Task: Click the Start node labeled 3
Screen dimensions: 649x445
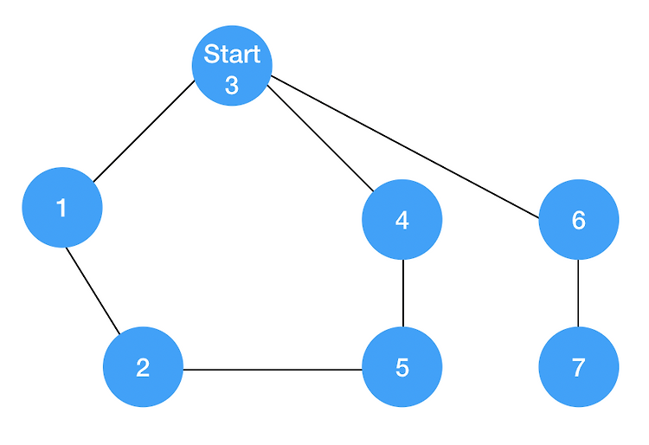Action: pyautogui.click(x=232, y=66)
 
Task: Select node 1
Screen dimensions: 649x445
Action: pyautogui.click(x=62, y=208)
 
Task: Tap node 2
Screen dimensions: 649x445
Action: pyautogui.click(x=143, y=367)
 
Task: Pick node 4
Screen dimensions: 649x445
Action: pyautogui.click(x=402, y=219)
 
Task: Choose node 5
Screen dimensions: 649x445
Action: pyautogui.click(x=402, y=367)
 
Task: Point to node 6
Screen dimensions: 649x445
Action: pyautogui.click(x=579, y=219)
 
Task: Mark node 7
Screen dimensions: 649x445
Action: pyautogui.click(x=579, y=367)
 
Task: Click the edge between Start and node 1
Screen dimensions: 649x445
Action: pyautogui.click(x=144, y=131)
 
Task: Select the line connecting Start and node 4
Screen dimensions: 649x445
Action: pyautogui.click(x=320, y=139)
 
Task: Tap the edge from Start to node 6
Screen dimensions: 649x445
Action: pyautogui.click(x=405, y=146)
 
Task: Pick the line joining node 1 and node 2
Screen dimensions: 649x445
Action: pyautogui.click(x=93, y=291)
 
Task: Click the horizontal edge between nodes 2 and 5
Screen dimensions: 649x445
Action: pyautogui.click(x=273, y=370)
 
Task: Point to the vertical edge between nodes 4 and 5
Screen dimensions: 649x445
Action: pyautogui.click(x=403, y=293)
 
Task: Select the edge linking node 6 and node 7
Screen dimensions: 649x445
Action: pyautogui.click(x=578, y=293)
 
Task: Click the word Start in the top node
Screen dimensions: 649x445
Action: pyautogui.click(x=232, y=55)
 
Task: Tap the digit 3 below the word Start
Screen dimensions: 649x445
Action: pyautogui.click(x=232, y=85)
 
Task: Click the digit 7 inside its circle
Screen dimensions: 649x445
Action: pyautogui.click(x=579, y=367)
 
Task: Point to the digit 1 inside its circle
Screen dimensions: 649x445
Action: pyautogui.click(x=61, y=208)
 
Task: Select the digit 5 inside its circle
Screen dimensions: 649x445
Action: pyautogui.click(x=402, y=367)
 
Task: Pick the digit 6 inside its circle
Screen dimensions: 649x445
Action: pyautogui.click(x=579, y=220)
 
